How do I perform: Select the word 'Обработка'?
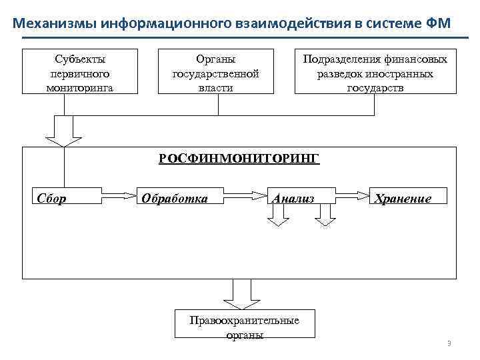tap(173, 198)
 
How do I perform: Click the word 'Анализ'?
tap(291, 198)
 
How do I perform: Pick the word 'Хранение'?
tap(403, 198)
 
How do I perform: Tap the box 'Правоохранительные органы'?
tap(245, 327)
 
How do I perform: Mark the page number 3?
tap(449, 344)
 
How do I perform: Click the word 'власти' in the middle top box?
tap(215, 87)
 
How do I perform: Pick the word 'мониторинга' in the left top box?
tap(79, 87)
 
